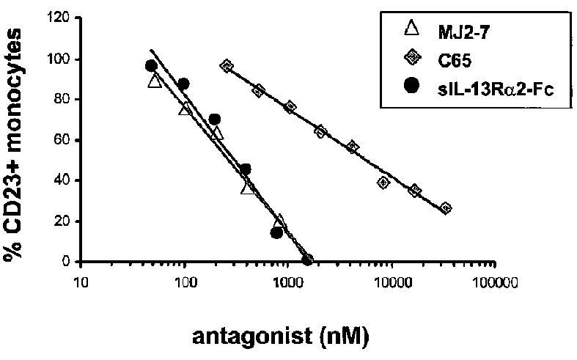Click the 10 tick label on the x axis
[81, 281]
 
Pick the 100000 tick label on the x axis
[498, 281]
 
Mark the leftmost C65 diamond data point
[227, 66]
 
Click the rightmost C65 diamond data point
[445, 208]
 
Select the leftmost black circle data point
[151, 66]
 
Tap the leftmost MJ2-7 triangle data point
[154, 81]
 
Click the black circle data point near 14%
[276, 232]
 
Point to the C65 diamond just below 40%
[383, 183]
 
